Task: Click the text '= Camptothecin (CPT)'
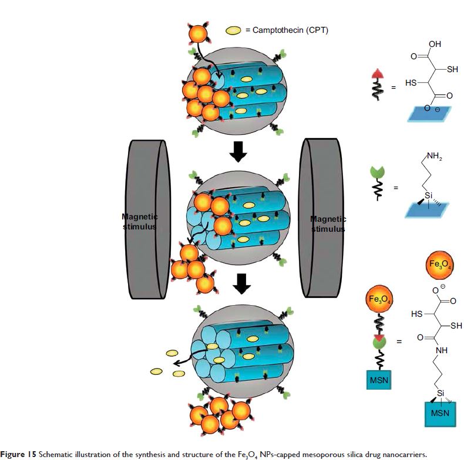point(287,31)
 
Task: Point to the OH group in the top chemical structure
point(435,45)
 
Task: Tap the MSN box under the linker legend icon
point(377,382)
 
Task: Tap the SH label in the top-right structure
point(452,69)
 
